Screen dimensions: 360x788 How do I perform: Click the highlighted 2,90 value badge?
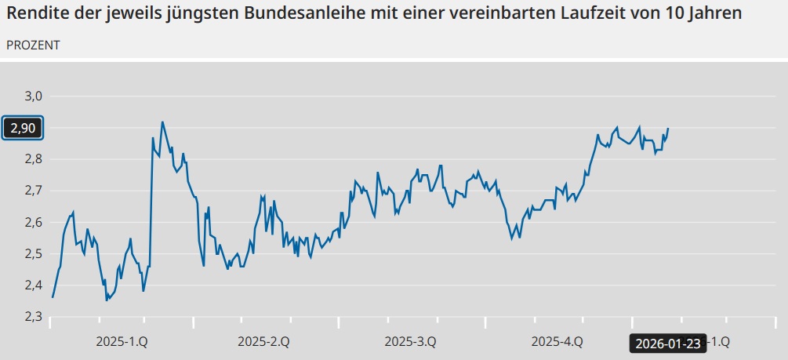pos(23,128)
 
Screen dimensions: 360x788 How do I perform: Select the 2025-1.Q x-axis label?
pos(122,341)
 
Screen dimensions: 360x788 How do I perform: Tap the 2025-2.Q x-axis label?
pos(263,341)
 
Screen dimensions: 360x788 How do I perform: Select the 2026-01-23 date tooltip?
pos(667,342)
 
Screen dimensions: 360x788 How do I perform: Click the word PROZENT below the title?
pos(33,45)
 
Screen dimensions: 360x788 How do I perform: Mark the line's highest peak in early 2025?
pos(162,122)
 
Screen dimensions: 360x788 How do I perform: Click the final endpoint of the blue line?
pos(668,128)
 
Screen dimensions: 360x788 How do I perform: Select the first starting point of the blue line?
pos(53,297)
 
